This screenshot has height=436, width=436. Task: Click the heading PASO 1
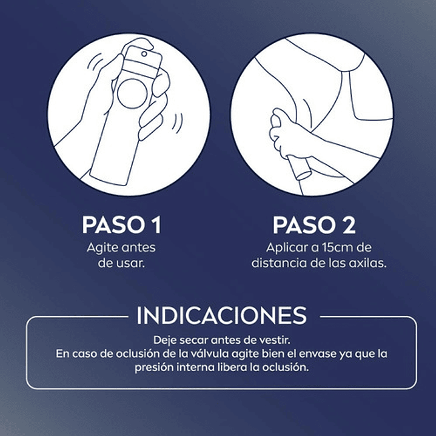(121, 225)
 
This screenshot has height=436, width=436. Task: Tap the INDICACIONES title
(221, 316)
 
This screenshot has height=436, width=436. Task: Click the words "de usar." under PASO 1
(121, 264)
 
